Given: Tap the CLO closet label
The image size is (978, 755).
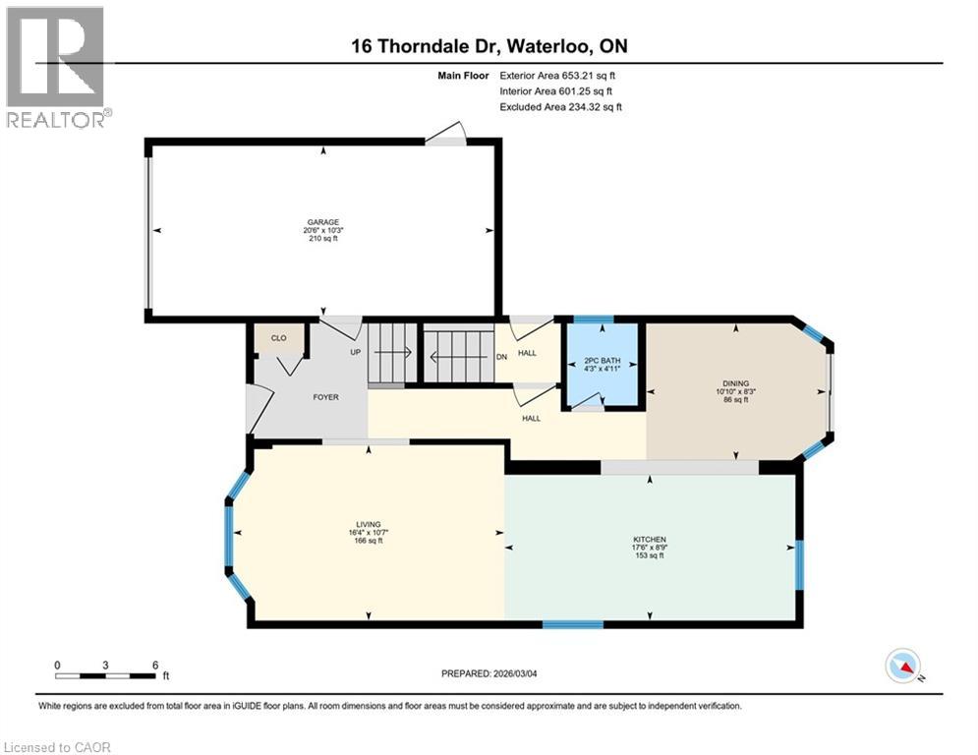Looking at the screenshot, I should [278, 338].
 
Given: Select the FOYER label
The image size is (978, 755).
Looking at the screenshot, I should [325, 397].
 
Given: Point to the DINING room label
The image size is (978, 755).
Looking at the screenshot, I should [736, 383].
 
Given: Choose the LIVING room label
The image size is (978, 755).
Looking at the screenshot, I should [369, 525].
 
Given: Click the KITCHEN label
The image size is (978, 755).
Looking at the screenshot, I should [650, 540].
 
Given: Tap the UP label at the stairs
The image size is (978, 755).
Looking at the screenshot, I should [355, 351].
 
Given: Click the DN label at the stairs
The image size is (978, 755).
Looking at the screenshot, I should [501, 356].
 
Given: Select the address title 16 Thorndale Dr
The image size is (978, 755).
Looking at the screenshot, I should [489, 46].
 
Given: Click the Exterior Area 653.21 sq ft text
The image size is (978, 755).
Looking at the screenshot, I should [557, 75].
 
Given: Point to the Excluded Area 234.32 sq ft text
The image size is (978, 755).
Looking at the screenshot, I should [560, 107].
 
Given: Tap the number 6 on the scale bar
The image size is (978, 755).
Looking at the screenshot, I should [155, 664].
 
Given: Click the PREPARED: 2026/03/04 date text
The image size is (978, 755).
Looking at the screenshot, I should [490, 673].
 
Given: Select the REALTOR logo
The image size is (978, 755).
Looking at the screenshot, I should [55, 67].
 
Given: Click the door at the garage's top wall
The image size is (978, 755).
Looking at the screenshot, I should [448, 138].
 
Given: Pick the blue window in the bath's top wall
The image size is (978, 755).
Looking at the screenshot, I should [594, 319].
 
